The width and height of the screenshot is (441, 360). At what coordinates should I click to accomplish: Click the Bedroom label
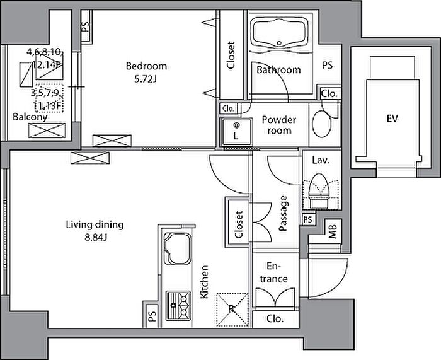146,66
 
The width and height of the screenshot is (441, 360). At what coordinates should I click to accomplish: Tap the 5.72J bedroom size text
145,79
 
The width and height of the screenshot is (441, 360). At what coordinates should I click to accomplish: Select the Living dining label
94,225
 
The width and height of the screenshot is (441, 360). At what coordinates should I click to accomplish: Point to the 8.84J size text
96,238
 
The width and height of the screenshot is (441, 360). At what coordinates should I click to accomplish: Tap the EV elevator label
392,119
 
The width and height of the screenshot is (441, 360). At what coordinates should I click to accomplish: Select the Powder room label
279,125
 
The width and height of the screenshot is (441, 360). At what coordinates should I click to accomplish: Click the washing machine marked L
236,132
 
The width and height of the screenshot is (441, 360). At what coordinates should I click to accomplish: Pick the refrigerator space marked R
232,310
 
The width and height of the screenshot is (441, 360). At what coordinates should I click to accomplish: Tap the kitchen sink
177,248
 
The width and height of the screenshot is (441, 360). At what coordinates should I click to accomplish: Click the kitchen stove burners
178,306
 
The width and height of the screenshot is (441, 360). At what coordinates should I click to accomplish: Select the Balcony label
30,117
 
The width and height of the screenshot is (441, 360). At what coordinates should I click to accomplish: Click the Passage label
283,214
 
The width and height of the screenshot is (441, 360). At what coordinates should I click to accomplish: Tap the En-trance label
273,272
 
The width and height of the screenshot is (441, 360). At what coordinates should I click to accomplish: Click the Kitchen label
204,282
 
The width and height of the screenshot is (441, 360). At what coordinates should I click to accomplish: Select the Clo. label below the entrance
275,319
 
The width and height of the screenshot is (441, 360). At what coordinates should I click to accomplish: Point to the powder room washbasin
321,124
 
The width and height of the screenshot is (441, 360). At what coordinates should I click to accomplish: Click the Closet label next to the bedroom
231,55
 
